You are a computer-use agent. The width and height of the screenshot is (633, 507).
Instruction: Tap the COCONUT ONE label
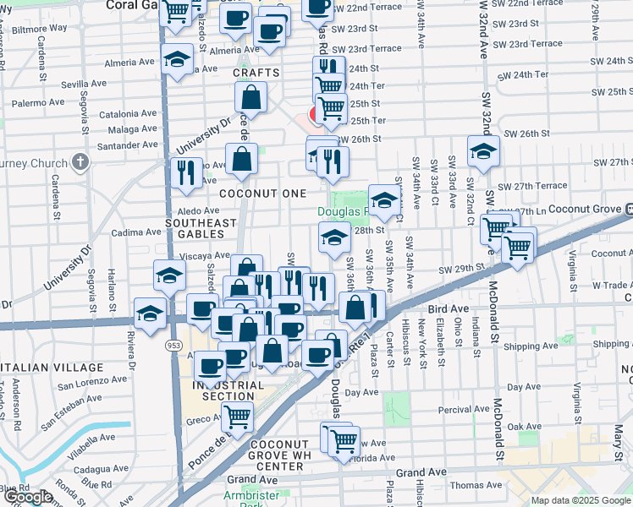coord(262,194)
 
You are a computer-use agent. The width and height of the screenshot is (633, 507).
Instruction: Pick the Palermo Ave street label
coord(38,103)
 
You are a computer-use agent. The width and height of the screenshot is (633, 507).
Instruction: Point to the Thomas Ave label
coord(476,485)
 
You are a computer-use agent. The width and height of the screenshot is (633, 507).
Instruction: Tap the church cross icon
coord(80,161)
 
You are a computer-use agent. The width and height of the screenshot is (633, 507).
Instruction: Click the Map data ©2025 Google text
coord(581,500)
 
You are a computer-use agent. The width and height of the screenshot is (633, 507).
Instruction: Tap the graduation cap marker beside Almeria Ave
coord(177,61)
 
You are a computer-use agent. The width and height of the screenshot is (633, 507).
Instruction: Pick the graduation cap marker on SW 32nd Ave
coord(483,152)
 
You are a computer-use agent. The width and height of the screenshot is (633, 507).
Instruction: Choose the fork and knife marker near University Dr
coord(185,172)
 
